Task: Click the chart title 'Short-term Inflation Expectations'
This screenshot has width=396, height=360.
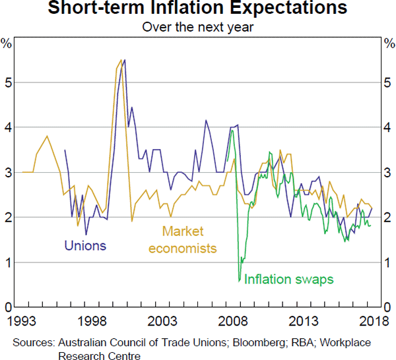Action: pyautogui.click(x=198, y=9)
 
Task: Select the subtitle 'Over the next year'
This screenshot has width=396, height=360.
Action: pyautogui.click(x=198, y=28)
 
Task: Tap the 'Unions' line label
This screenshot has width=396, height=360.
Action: pyautogui.click(x=85, y=247)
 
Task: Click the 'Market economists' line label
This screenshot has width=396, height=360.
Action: pyautogui.click(x=183, y=240)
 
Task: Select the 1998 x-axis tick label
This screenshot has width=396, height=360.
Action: pyautogui.click(x=92, y=321)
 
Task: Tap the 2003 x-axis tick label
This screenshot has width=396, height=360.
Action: pyautogui.click(x=162, y=321)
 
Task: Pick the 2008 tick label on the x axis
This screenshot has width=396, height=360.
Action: pyautogui.click(x=233, y=321)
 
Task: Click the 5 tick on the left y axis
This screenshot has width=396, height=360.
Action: pyautogui.click(x=8, y=82)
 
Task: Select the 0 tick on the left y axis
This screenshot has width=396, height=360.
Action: pyautogui.click(x=8, y=307)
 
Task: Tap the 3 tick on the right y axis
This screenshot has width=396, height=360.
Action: pyautogui.click(x=388, y=173)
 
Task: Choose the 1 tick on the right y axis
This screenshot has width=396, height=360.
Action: pyautogui.click(x=388, y=262)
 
